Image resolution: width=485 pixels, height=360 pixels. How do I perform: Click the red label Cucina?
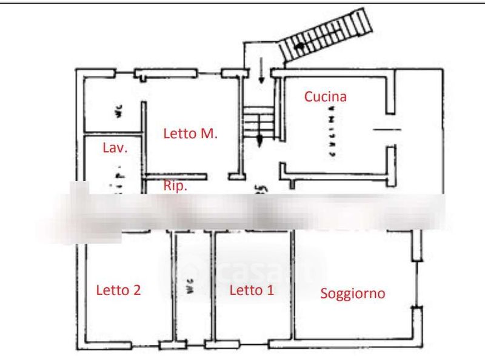coord(326,96)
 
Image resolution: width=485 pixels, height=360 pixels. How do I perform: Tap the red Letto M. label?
coord(190,134)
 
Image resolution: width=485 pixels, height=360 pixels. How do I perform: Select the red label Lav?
coord(115,148)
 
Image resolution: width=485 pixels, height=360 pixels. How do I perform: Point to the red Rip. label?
coord(175,185)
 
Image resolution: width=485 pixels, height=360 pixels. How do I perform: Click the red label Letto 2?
coord(119,290)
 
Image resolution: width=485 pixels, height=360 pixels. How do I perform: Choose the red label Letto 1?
coord(252,290)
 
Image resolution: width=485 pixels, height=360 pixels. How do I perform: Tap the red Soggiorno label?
coord(353,294)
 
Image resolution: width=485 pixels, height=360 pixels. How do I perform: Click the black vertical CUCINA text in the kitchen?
coord(332,131)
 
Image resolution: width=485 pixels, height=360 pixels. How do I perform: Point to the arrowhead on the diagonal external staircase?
coord(298,45)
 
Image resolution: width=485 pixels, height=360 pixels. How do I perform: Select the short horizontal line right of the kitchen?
coord(386,130)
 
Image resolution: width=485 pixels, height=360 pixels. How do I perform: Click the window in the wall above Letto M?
coord(167,74)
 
